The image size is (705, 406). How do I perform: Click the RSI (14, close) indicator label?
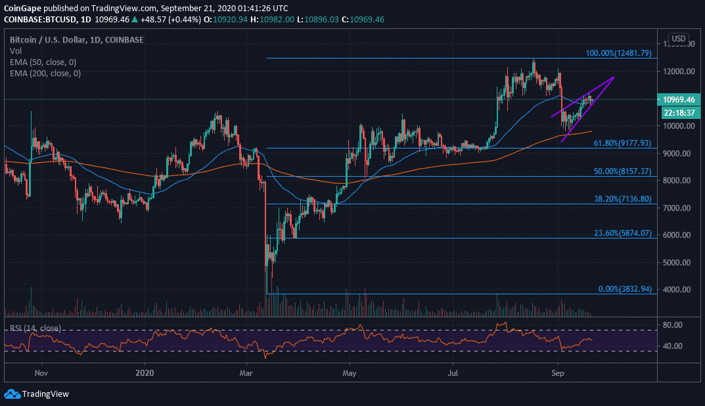(x=35, y=328)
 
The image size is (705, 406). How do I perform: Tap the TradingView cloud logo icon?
(x=11, y=394)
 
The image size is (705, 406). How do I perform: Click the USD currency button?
(x=677, y=38)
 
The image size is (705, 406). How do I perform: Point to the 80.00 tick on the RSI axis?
(x=678, y=325)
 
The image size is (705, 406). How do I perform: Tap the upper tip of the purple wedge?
(x=613, y=78)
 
